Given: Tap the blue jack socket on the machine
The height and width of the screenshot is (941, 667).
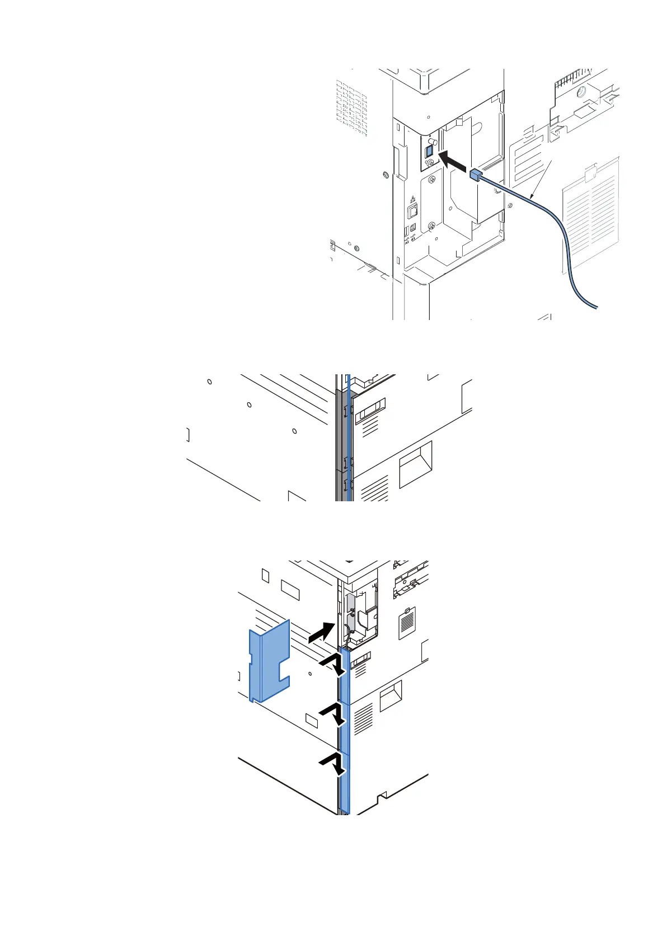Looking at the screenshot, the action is coord(430,151).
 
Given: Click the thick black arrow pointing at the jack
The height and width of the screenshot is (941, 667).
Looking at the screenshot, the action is coord(454,160).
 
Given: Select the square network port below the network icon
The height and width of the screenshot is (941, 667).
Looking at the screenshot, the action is coord(413,210).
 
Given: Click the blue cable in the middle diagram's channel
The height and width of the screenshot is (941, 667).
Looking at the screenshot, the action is coord(349,436).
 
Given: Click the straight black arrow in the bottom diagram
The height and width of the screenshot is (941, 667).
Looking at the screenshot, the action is coord(322,634).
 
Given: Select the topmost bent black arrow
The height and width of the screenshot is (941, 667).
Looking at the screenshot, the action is coord(333,664).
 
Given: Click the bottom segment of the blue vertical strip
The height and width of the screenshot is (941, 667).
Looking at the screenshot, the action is coord(344,783).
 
